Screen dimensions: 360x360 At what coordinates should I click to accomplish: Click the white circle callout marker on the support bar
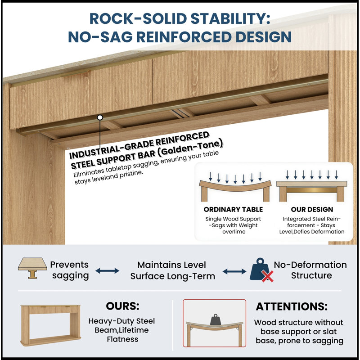point(100,117)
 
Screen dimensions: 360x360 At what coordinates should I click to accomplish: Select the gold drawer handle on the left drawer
point(75,73)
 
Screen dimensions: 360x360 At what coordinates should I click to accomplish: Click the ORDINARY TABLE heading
point(233,209)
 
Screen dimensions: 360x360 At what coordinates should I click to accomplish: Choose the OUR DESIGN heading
point(312,209)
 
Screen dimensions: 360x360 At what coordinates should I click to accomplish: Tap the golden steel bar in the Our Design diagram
point(311,190)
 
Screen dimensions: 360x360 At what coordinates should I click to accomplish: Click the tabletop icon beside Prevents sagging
point(32,268)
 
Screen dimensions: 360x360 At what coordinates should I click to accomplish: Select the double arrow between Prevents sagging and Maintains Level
point(107,271)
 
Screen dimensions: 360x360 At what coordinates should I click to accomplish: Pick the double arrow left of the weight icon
point(234,272)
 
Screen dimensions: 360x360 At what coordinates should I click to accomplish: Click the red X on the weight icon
point(267,276)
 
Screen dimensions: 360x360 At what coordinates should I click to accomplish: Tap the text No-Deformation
point(310,265)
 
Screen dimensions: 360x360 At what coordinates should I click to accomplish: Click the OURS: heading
point(122,306)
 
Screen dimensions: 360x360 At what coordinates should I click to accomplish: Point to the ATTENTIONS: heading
point(292,306)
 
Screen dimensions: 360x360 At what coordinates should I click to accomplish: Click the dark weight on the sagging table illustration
point(216,319)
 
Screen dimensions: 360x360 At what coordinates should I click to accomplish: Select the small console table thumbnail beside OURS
point(51,325)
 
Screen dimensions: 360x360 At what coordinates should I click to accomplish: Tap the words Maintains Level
point(171,265)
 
